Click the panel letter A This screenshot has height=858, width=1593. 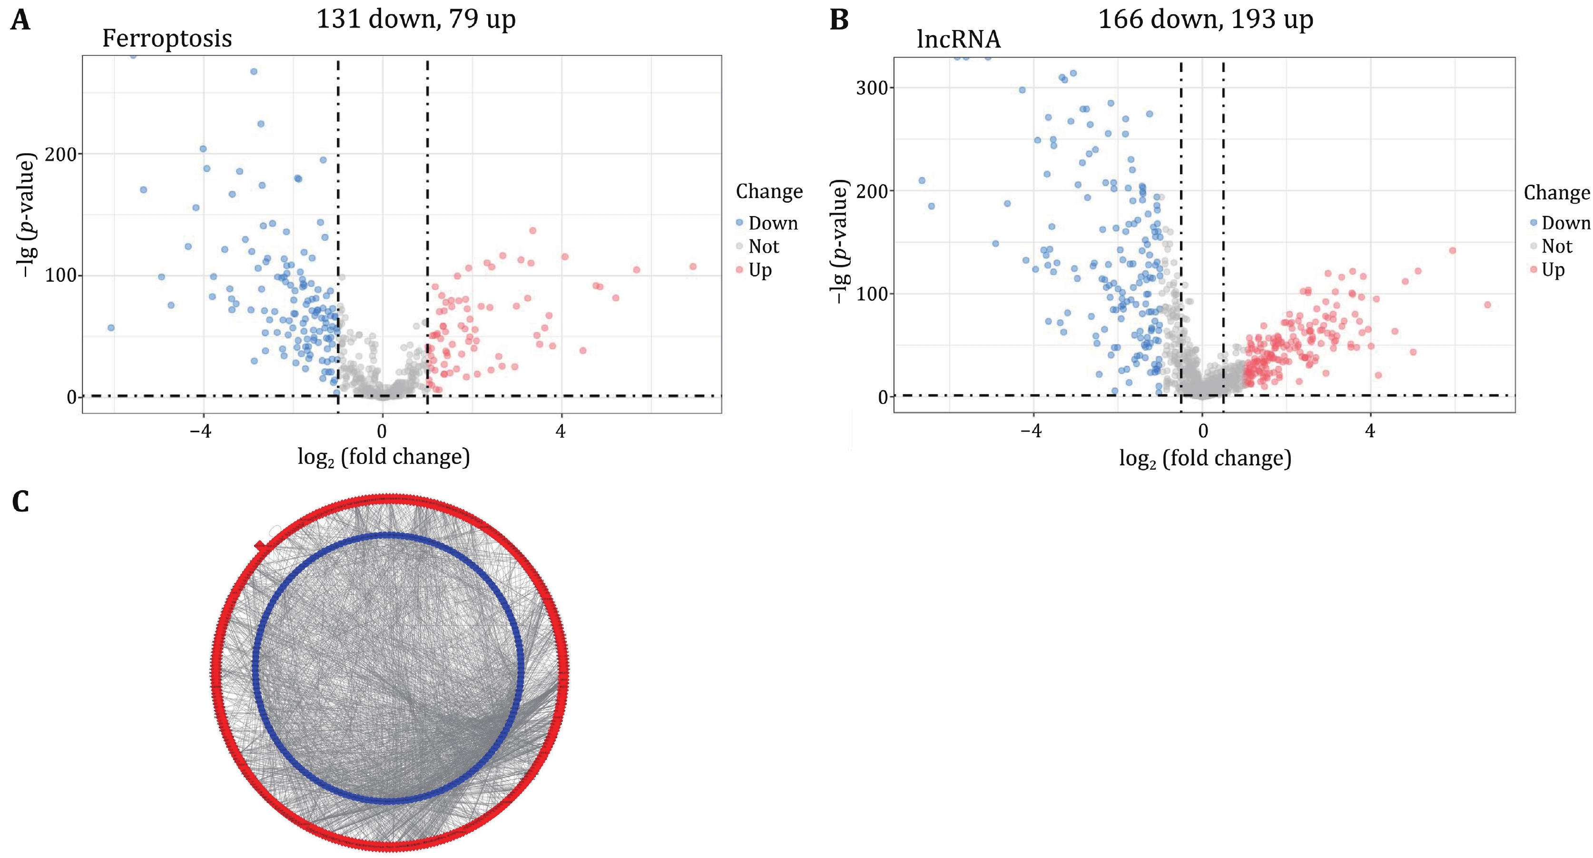20,20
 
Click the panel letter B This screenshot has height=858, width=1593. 839,20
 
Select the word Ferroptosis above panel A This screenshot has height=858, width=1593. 167,39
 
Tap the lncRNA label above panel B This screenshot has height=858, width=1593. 959,39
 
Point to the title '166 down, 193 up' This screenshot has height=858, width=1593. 1205,19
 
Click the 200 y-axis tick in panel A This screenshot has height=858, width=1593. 60,154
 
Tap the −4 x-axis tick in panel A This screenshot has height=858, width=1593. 201,431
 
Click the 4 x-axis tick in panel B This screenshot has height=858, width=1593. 1370,431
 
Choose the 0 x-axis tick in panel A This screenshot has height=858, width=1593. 382,431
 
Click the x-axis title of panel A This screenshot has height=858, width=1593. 383,457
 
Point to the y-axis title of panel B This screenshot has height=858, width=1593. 840,241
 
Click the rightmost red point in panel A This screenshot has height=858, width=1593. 693,266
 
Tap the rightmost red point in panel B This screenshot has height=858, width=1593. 1487,305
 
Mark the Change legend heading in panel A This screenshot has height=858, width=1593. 769,192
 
